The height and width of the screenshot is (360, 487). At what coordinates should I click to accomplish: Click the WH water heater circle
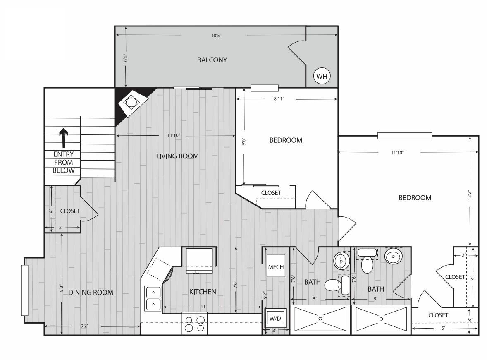click(322, 76)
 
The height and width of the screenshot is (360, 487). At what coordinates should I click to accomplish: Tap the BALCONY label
click(212, 60)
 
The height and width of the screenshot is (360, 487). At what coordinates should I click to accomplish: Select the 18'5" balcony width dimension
click(216, 36)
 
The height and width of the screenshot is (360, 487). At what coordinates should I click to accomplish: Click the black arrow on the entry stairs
click(64, 138)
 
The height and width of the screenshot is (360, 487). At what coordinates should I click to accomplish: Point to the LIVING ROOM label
click(177, 156)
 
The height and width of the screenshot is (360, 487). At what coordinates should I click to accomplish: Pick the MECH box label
click(276, 267)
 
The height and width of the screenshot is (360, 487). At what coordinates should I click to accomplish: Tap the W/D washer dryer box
click(275, 318)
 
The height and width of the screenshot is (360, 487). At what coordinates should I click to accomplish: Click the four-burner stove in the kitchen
click(195, 324)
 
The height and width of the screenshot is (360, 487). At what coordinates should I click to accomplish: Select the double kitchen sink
click(153, 298)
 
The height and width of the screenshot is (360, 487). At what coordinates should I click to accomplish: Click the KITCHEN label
click(203, 292)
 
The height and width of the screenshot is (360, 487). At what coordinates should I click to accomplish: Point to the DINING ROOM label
click(91, 292)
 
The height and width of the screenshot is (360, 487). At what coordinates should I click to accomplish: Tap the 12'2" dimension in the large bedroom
click(470, 195)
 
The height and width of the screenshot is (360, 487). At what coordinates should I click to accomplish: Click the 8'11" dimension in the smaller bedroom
click(279, 99)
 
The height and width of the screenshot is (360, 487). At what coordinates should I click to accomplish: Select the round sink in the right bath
click(394, 256)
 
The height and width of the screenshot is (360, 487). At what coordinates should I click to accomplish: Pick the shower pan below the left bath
click(320, 319)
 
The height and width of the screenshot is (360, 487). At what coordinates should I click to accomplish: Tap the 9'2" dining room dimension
click(84, 326)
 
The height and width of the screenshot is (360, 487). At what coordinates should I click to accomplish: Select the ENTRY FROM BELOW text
click(64, 162)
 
